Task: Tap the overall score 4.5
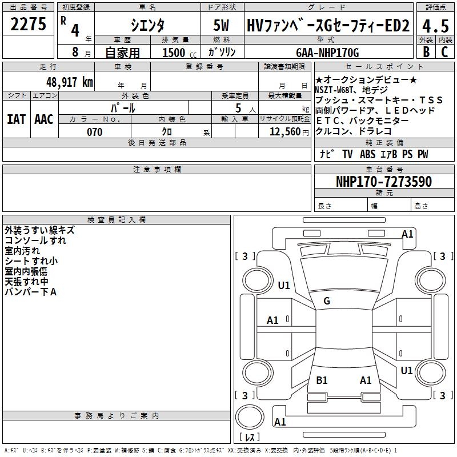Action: tap(435, 25)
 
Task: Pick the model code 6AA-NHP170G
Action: tap(328, 53)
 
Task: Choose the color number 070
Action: tap(94, 132)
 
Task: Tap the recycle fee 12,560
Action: tap(283, 132)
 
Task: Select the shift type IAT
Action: tap(17, 119)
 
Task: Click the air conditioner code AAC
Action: tap(44, 119)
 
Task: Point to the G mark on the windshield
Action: tap(327, 301)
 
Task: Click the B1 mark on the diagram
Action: tap(322, 380)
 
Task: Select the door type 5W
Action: tap(222, 25)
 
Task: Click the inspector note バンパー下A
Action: tap(30, 292)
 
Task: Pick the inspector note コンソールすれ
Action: tap(35, 240)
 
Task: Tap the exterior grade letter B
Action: tap(426, 53)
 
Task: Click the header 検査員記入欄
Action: tap(117, 220)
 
